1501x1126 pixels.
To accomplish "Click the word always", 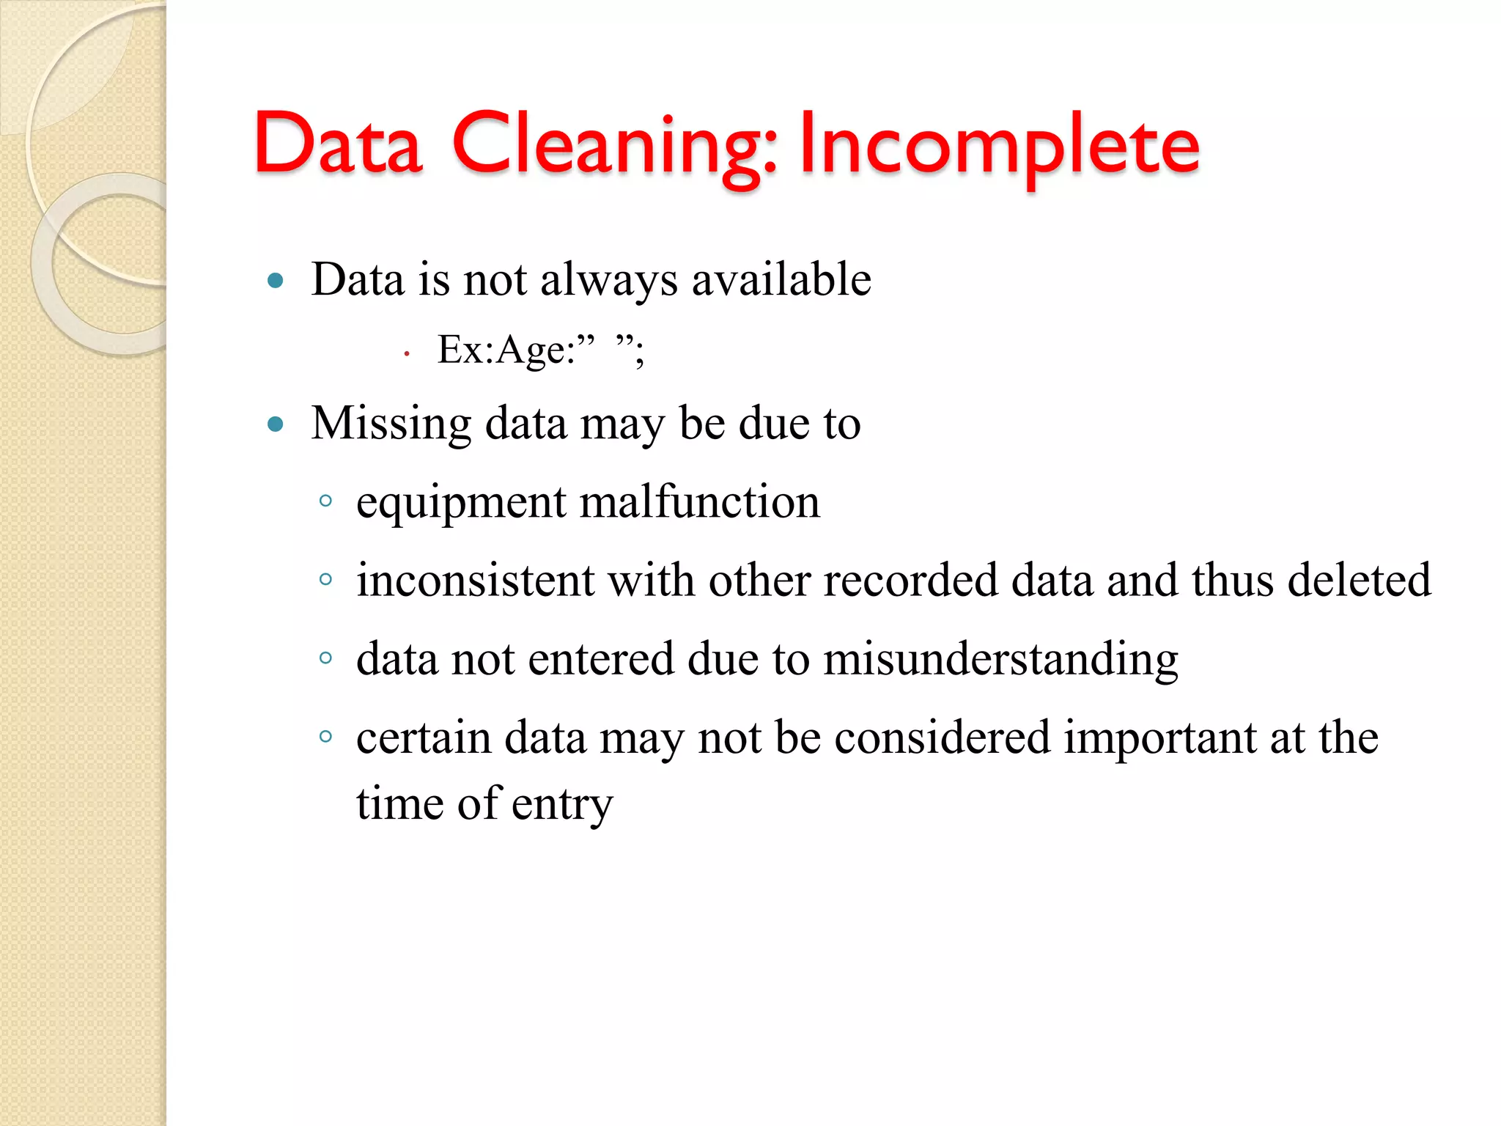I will [x=608, y=280].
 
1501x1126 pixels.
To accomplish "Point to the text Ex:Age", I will [x=506, y=350].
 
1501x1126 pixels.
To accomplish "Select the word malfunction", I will [x=700, y=502].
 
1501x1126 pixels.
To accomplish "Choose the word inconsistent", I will [x=475, y=581].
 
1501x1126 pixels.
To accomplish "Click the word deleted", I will [x=1359, y=581].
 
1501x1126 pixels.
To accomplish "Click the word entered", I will [x=600, y=659].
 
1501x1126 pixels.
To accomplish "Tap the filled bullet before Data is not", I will [x=276, y=280].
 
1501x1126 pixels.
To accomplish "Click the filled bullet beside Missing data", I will [x=276, y=424].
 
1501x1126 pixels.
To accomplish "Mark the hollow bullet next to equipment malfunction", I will [x=326, y=502].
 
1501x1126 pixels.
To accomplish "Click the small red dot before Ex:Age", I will [x=406, y=355].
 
